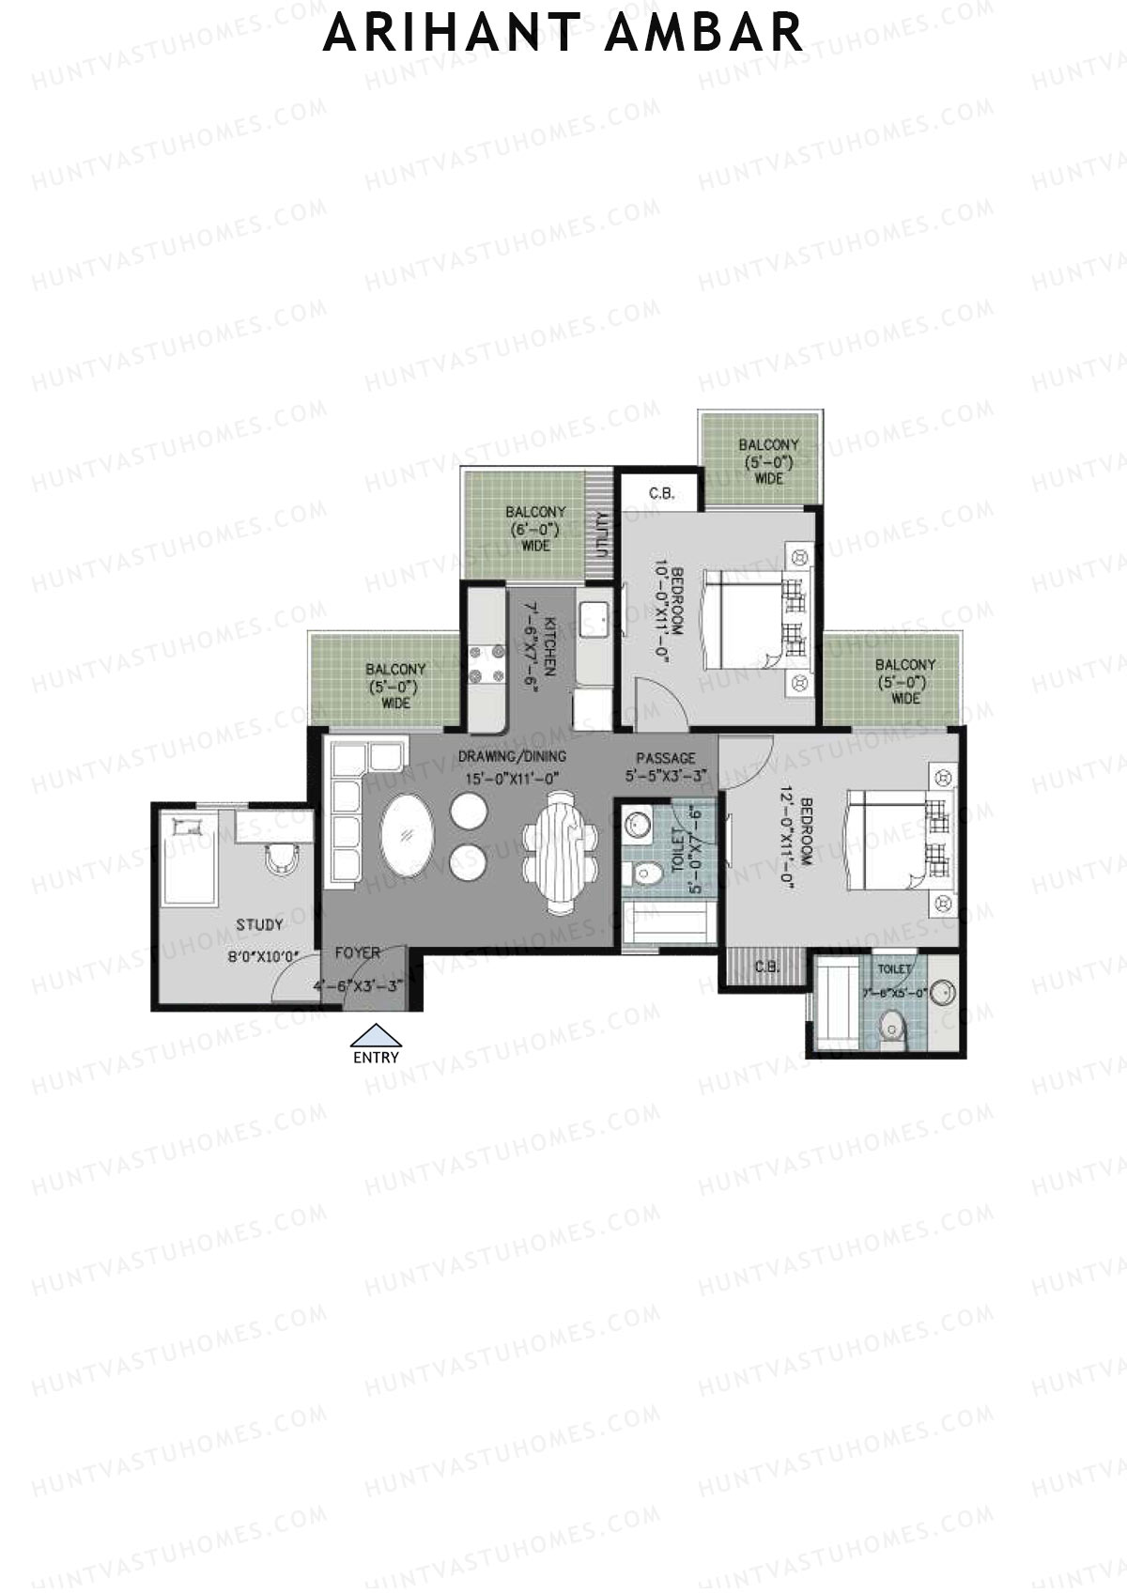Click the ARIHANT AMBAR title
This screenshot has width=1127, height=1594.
point(563,32)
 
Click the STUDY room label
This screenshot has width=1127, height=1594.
point(259,925)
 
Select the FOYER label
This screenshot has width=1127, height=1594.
point(358,952)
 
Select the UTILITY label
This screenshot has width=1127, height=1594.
point(600,534)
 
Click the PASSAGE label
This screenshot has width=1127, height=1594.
point(666,758)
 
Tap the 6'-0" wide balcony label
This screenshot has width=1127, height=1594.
point(535,528)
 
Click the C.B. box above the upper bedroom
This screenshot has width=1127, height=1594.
point(662,492)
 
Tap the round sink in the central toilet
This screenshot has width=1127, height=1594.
point(639,824)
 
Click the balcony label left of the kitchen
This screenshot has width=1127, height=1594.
point(395,686)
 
